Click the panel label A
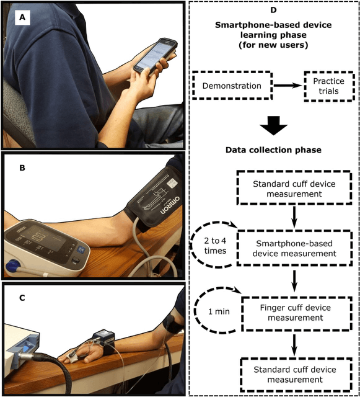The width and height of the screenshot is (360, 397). [x=22, y=17]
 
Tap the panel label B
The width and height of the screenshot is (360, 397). [x=22, y=167]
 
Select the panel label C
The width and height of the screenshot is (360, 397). [x=22, y=298]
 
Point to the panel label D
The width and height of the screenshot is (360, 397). [x=273, y=10]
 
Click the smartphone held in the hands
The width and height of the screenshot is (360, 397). [x=155, y=56]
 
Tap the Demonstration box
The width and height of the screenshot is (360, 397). [x=232, y=86]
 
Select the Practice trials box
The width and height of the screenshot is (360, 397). [x=328, y=86]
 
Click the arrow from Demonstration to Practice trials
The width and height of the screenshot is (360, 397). [x=288, y=86]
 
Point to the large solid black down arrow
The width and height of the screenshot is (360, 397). [x=273, y=125]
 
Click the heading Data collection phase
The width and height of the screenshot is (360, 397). [x=273, y=150]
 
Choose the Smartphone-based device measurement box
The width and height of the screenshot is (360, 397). [x=294, y=248]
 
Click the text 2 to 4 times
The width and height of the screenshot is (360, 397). [x=215, y=246]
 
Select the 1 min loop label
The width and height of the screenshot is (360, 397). [x=219, y=311]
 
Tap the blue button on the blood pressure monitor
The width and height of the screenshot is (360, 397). [x=81, y=250]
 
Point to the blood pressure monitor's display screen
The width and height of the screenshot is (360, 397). [x=45, y=238]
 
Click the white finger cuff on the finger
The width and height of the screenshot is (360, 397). [x=71, y=358]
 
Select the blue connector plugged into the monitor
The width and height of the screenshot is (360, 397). [x=25, y=350]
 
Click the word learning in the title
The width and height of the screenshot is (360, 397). [x=257, y=35]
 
